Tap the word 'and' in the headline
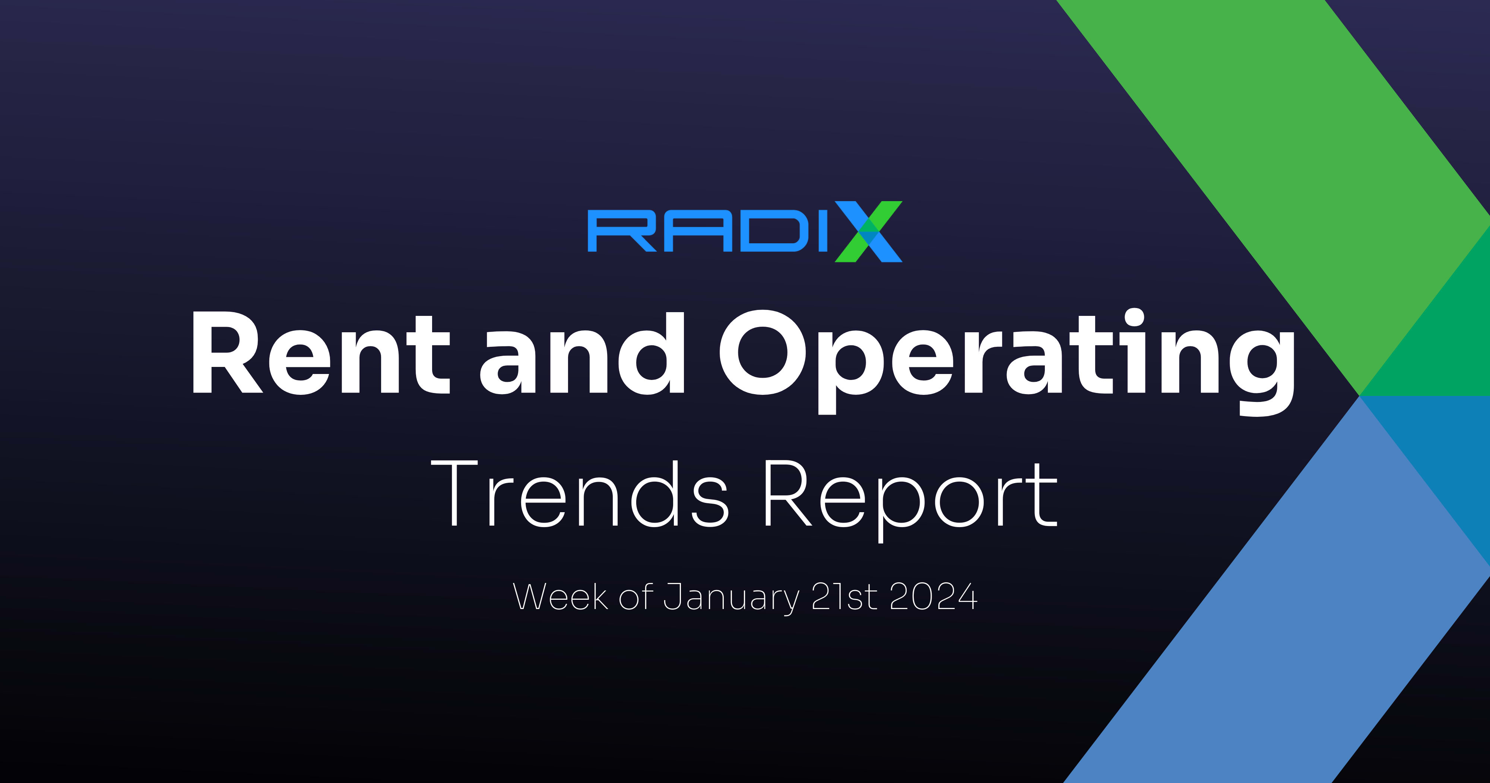(x=582, y=354)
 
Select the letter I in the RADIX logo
(x=823, y=231)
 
